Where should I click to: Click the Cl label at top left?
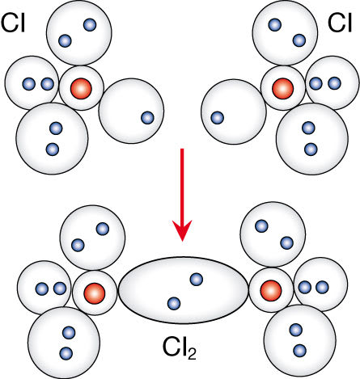click(13, 23)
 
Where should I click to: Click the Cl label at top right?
click(340, 23)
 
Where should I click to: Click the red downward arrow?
click(182, 195)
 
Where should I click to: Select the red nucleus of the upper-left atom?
click(81, 88)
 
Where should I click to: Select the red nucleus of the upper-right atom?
click(282, 88)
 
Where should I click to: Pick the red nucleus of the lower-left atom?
click(95, 293)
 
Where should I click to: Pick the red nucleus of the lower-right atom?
click(271, 291)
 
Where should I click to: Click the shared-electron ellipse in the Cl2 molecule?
click(183, 290)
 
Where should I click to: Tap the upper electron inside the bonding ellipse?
click(197, 280)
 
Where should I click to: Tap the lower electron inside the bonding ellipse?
click(174, 304)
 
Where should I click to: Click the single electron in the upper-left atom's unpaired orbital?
click(147, 118)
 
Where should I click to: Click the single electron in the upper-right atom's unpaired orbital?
click(217, 118)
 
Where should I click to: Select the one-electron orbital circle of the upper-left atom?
click(131, 111)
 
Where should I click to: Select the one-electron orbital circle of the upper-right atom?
click(234, 112)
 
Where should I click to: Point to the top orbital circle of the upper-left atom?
click(79, 32)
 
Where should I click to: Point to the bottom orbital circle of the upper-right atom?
click(312, 139)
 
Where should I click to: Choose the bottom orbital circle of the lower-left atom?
click(64, 342)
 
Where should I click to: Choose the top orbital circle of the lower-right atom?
click(273, 234)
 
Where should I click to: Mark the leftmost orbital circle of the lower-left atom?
click(44, 288)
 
